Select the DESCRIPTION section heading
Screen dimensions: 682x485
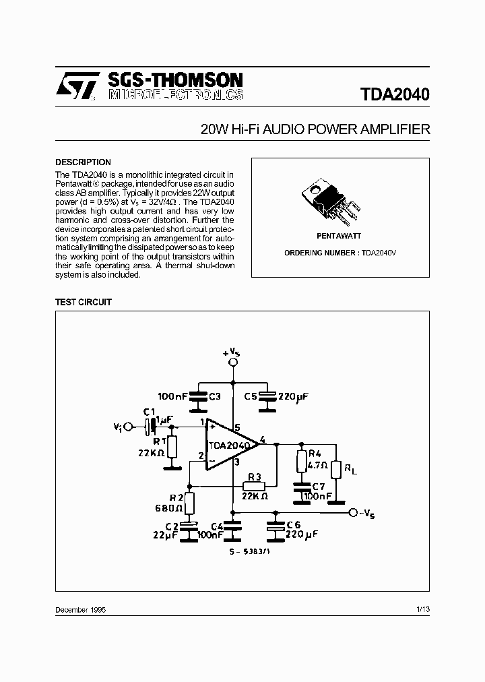[83, 162]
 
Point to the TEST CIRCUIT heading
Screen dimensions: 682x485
[83, 303]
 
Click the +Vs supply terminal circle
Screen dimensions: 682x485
[232, 363]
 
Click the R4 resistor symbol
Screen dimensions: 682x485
[302, 462]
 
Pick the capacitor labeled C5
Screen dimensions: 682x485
[269, 397]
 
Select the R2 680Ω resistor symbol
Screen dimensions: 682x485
[190, 503]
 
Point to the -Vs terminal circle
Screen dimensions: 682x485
[352, 513]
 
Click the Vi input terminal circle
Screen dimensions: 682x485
[129, 427]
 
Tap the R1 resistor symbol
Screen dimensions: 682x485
[172, 446]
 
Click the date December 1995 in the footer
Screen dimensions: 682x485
[80, 609]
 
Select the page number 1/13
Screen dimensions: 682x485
[423, 609]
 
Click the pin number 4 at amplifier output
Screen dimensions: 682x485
[262, 439]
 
